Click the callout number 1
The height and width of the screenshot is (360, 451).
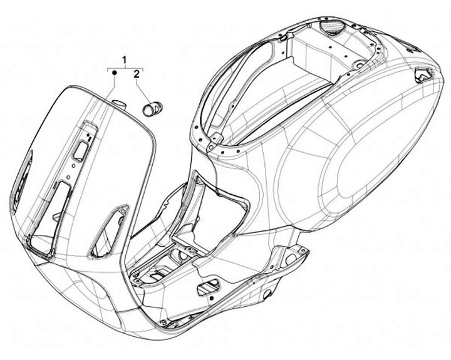coord(125,59)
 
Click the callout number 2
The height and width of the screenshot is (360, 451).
coord(136,75)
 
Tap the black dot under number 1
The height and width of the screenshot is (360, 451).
coord(115,73)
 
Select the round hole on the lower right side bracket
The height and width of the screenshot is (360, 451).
coord(269,294)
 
